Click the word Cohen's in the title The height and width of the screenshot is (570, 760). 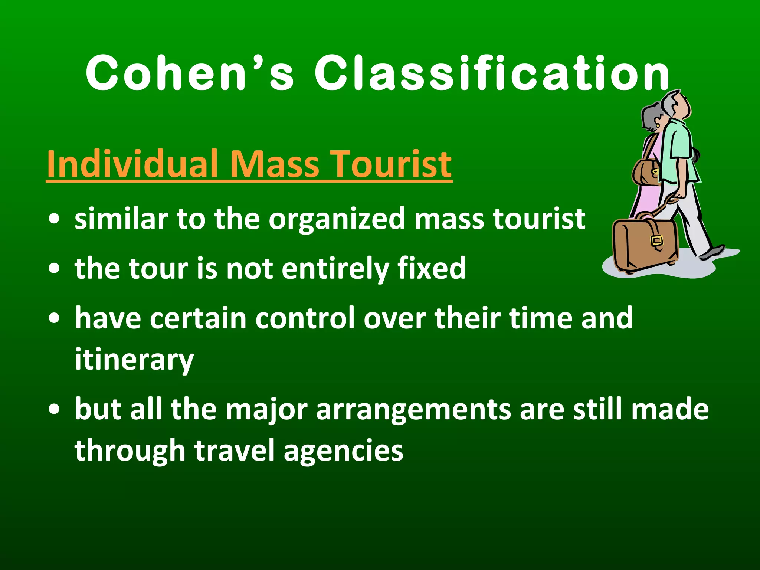tap(190, 73)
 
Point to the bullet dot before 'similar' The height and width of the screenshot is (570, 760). tap(54, 219)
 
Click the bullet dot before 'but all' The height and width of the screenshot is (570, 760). tap(54, 409)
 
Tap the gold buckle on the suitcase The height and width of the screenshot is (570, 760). tap(657, 241)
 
